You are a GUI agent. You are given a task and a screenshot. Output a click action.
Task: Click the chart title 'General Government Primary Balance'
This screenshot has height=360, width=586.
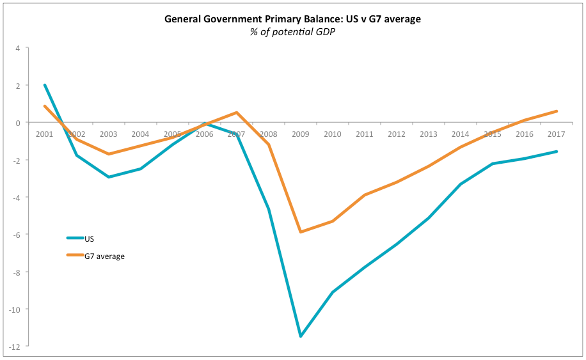[292, 19]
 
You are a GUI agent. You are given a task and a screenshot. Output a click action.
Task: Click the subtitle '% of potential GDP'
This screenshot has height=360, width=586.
[292, 32]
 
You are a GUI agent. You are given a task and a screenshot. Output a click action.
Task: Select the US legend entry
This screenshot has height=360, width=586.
[90, 238]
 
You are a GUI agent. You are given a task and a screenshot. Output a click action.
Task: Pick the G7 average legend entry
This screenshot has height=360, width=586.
[104, 256]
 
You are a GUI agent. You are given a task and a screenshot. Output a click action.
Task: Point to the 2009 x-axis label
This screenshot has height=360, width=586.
[300, 134]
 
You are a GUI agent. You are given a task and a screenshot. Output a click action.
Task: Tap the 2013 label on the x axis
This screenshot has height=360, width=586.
[429, 134]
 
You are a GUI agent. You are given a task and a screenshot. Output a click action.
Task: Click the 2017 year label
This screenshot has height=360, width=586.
[557, 134]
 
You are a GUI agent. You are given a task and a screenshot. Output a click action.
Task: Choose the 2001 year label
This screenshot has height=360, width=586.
[44, 134]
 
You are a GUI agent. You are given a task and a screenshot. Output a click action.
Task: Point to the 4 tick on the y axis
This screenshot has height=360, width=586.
[18, 48]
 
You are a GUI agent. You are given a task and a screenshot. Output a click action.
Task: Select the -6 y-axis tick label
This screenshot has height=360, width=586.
[17, 235]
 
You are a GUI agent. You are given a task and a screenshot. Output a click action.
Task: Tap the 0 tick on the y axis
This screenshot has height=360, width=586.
[18, 123]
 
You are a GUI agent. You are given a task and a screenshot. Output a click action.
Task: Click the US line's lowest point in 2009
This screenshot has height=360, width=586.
[300, 336]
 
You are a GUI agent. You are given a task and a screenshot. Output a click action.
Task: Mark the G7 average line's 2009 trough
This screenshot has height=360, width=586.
[300, 232]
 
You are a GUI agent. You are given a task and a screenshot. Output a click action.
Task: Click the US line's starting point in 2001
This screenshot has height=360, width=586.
[44, 85]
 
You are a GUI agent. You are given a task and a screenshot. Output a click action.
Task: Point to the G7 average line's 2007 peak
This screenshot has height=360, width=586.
[237, 113]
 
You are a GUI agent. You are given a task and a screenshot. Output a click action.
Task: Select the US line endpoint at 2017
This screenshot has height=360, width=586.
[557, 152]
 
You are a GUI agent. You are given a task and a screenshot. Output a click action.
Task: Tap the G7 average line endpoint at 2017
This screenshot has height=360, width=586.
[557, 111]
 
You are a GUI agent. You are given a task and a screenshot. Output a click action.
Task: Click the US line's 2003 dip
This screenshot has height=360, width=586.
[109, 177]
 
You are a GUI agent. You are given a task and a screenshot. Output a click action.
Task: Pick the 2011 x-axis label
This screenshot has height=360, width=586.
[365, 134]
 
